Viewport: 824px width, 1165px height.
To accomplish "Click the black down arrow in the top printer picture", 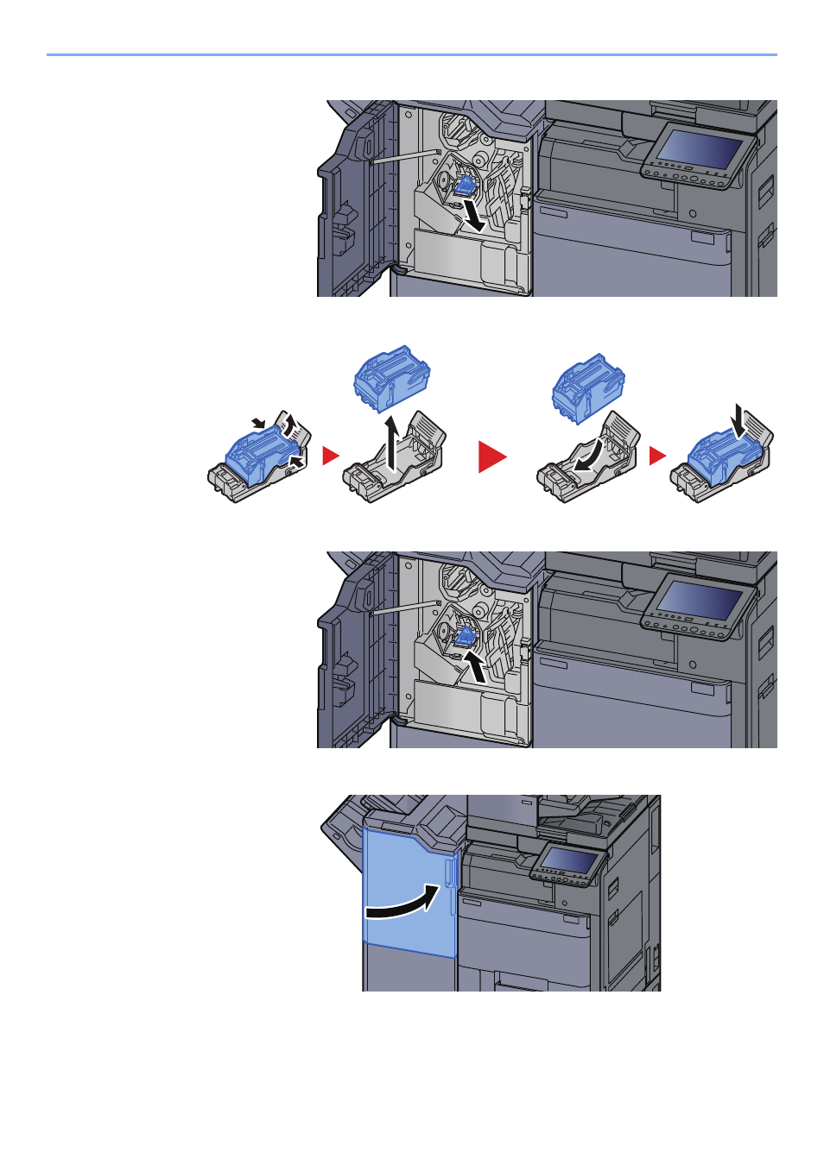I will click(472, 215).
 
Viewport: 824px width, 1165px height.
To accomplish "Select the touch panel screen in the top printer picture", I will click(699, 151).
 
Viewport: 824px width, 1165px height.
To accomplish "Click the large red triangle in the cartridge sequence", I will click(491, 456).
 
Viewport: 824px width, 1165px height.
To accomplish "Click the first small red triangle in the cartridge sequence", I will click(330, 456).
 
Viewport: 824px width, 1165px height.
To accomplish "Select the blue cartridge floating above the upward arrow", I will click(392, 377).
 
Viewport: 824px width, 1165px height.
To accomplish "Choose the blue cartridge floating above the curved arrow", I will click(588, 387).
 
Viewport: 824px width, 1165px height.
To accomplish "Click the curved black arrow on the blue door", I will click(402, 906).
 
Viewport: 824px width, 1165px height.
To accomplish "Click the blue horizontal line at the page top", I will click(412, 55).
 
